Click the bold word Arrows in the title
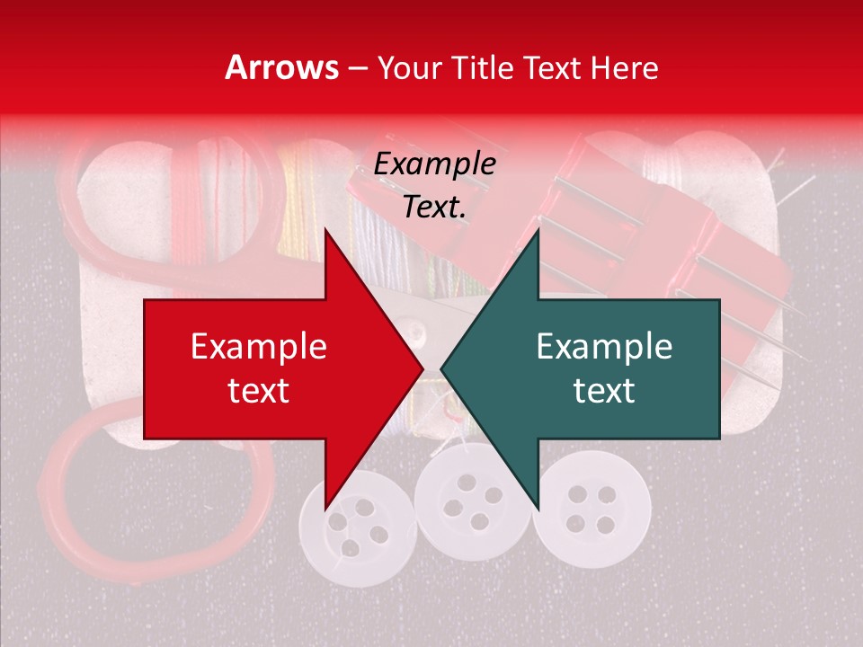point(282,67)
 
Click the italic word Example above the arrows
point(434,164)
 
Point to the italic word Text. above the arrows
point(434,207)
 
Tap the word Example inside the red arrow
point(259,347)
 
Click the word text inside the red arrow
point(259,390)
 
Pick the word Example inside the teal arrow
point(604,347)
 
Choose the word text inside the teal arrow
point(604,390)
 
